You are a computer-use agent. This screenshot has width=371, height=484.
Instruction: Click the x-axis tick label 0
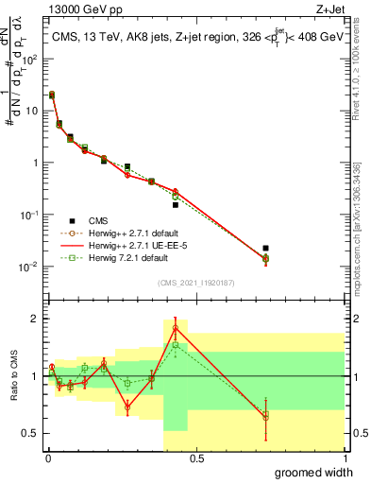47,458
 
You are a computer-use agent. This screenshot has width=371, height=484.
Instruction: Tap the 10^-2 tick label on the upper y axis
28,266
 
